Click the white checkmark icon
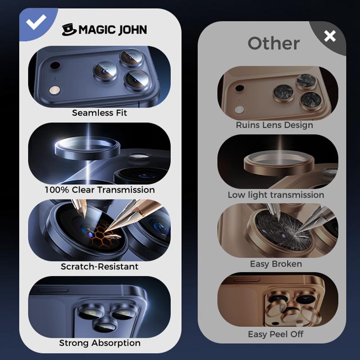click(x=36, y=22)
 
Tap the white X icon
click(x=330, y=36)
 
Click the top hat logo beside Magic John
click(x=69, y=29)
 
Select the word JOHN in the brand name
click(x=130, y=30)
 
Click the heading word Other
click(x=274, y=43)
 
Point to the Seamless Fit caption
click(x=99, y=113)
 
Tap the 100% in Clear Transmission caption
click(x=57, y=190)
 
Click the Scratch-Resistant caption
click(x=99, y=266)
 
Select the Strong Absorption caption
click(x=99, y=343)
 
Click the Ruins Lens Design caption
click(x=274, y=125)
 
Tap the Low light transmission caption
click(x=276, y=195)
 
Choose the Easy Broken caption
click(x=276, y=264)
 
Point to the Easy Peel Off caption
click(x=275, y=334)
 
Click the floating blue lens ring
click(x=87, y=148)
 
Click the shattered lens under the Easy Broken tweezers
click(x=283, y=230)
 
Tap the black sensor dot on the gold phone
click(x=239, y=88)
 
